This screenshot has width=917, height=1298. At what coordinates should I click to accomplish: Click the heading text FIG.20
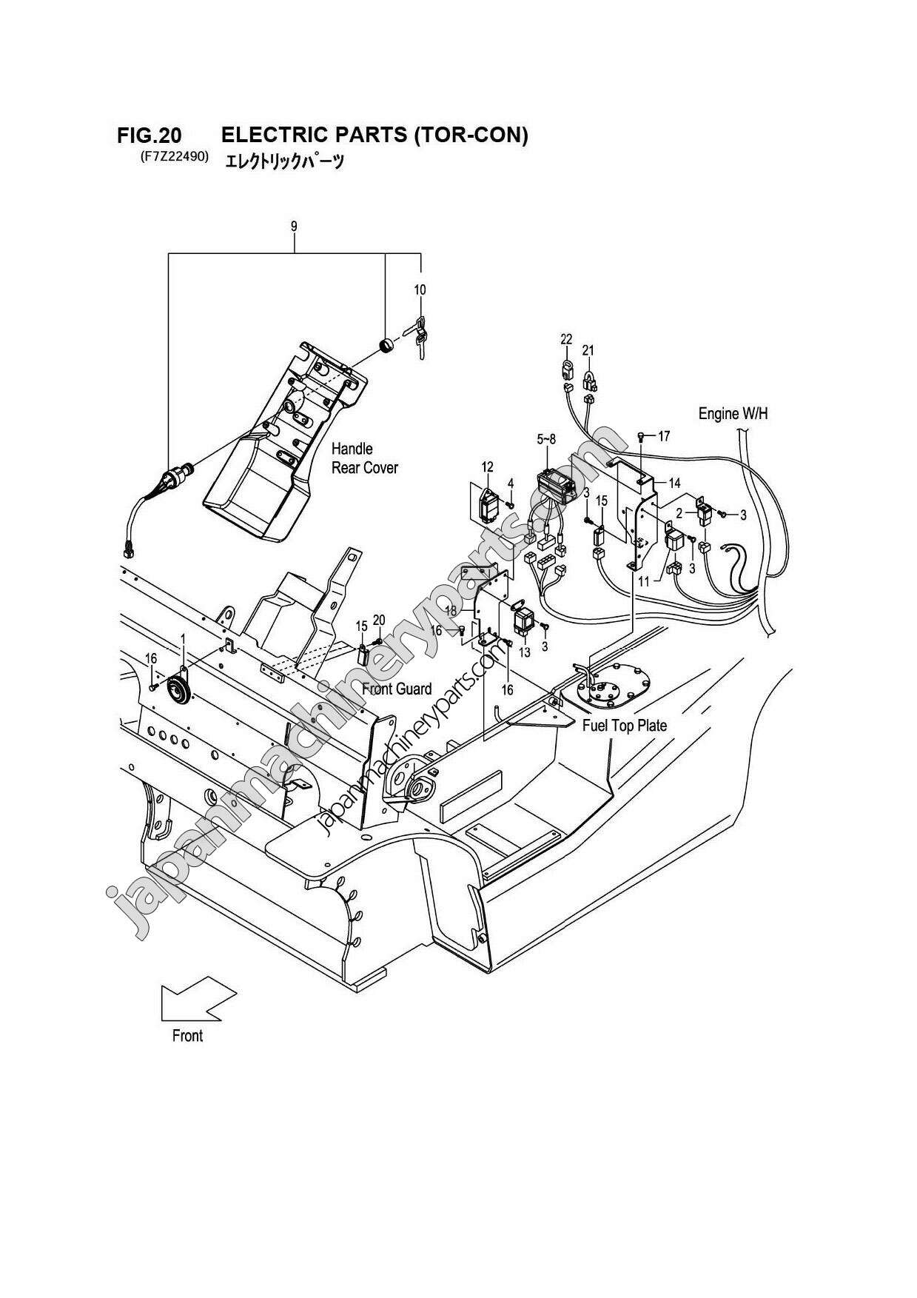(x=149, y=136)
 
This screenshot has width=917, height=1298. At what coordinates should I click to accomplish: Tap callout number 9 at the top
(x=294, y=227)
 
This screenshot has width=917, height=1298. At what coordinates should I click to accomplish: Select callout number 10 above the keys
(x=420, y=290)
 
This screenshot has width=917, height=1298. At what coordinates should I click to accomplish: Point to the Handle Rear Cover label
(x=364, y=458)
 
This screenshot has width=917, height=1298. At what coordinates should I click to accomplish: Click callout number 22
(x=566, y=339)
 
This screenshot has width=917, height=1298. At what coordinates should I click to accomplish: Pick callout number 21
(x=588, y=349)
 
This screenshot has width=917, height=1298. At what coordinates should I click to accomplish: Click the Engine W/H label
(x=733, y=413)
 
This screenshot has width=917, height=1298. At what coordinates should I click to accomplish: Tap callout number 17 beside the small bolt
(x=663, y=436)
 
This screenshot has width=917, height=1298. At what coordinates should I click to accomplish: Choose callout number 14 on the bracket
(x=674, y=483)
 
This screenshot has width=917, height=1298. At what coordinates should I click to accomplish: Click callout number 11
(x=643, y=582)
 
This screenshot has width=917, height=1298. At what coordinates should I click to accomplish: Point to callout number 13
(x=525, y=652)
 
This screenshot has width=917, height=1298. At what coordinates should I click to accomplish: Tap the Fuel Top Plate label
(x=624, y=726)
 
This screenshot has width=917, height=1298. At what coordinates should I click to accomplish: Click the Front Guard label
(x=397, y=689)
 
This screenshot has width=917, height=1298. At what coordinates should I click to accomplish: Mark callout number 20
(x=379, y=620)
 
